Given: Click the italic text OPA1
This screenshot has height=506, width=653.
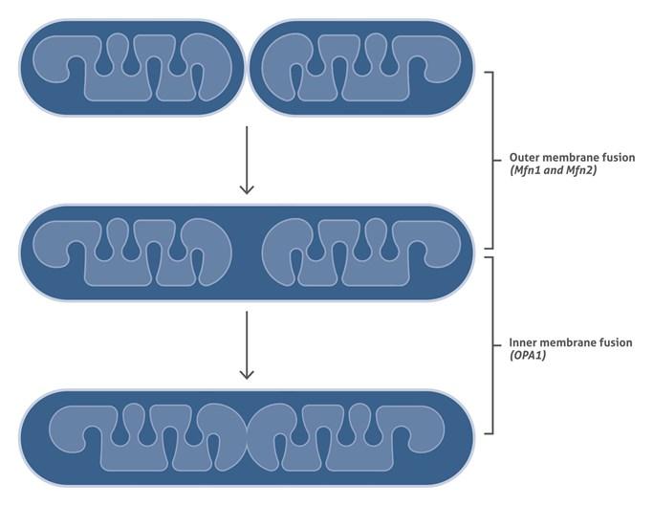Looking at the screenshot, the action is click(528, 356).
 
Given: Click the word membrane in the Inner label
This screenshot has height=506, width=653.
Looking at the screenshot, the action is click(566, 342).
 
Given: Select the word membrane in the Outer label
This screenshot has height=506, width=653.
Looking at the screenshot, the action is click(569, 158).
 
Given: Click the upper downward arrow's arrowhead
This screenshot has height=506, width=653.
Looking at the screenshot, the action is click(247, 189).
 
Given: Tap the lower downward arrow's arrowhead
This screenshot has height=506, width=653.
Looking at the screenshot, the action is click(247, 375).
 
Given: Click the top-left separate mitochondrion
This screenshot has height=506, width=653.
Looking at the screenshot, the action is click(133, 68).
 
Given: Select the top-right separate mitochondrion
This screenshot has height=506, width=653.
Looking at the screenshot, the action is click(361, 68).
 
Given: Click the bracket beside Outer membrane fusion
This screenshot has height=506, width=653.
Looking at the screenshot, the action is click(492, 160).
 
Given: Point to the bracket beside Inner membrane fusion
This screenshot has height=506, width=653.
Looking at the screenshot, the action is click(492, 345).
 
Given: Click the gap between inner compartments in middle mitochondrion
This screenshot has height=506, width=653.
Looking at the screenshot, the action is click(247, 253).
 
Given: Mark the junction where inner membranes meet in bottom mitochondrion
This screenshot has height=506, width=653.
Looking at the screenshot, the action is click(248, 437).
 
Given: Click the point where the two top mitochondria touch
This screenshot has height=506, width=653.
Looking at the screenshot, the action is click(247, 68).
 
